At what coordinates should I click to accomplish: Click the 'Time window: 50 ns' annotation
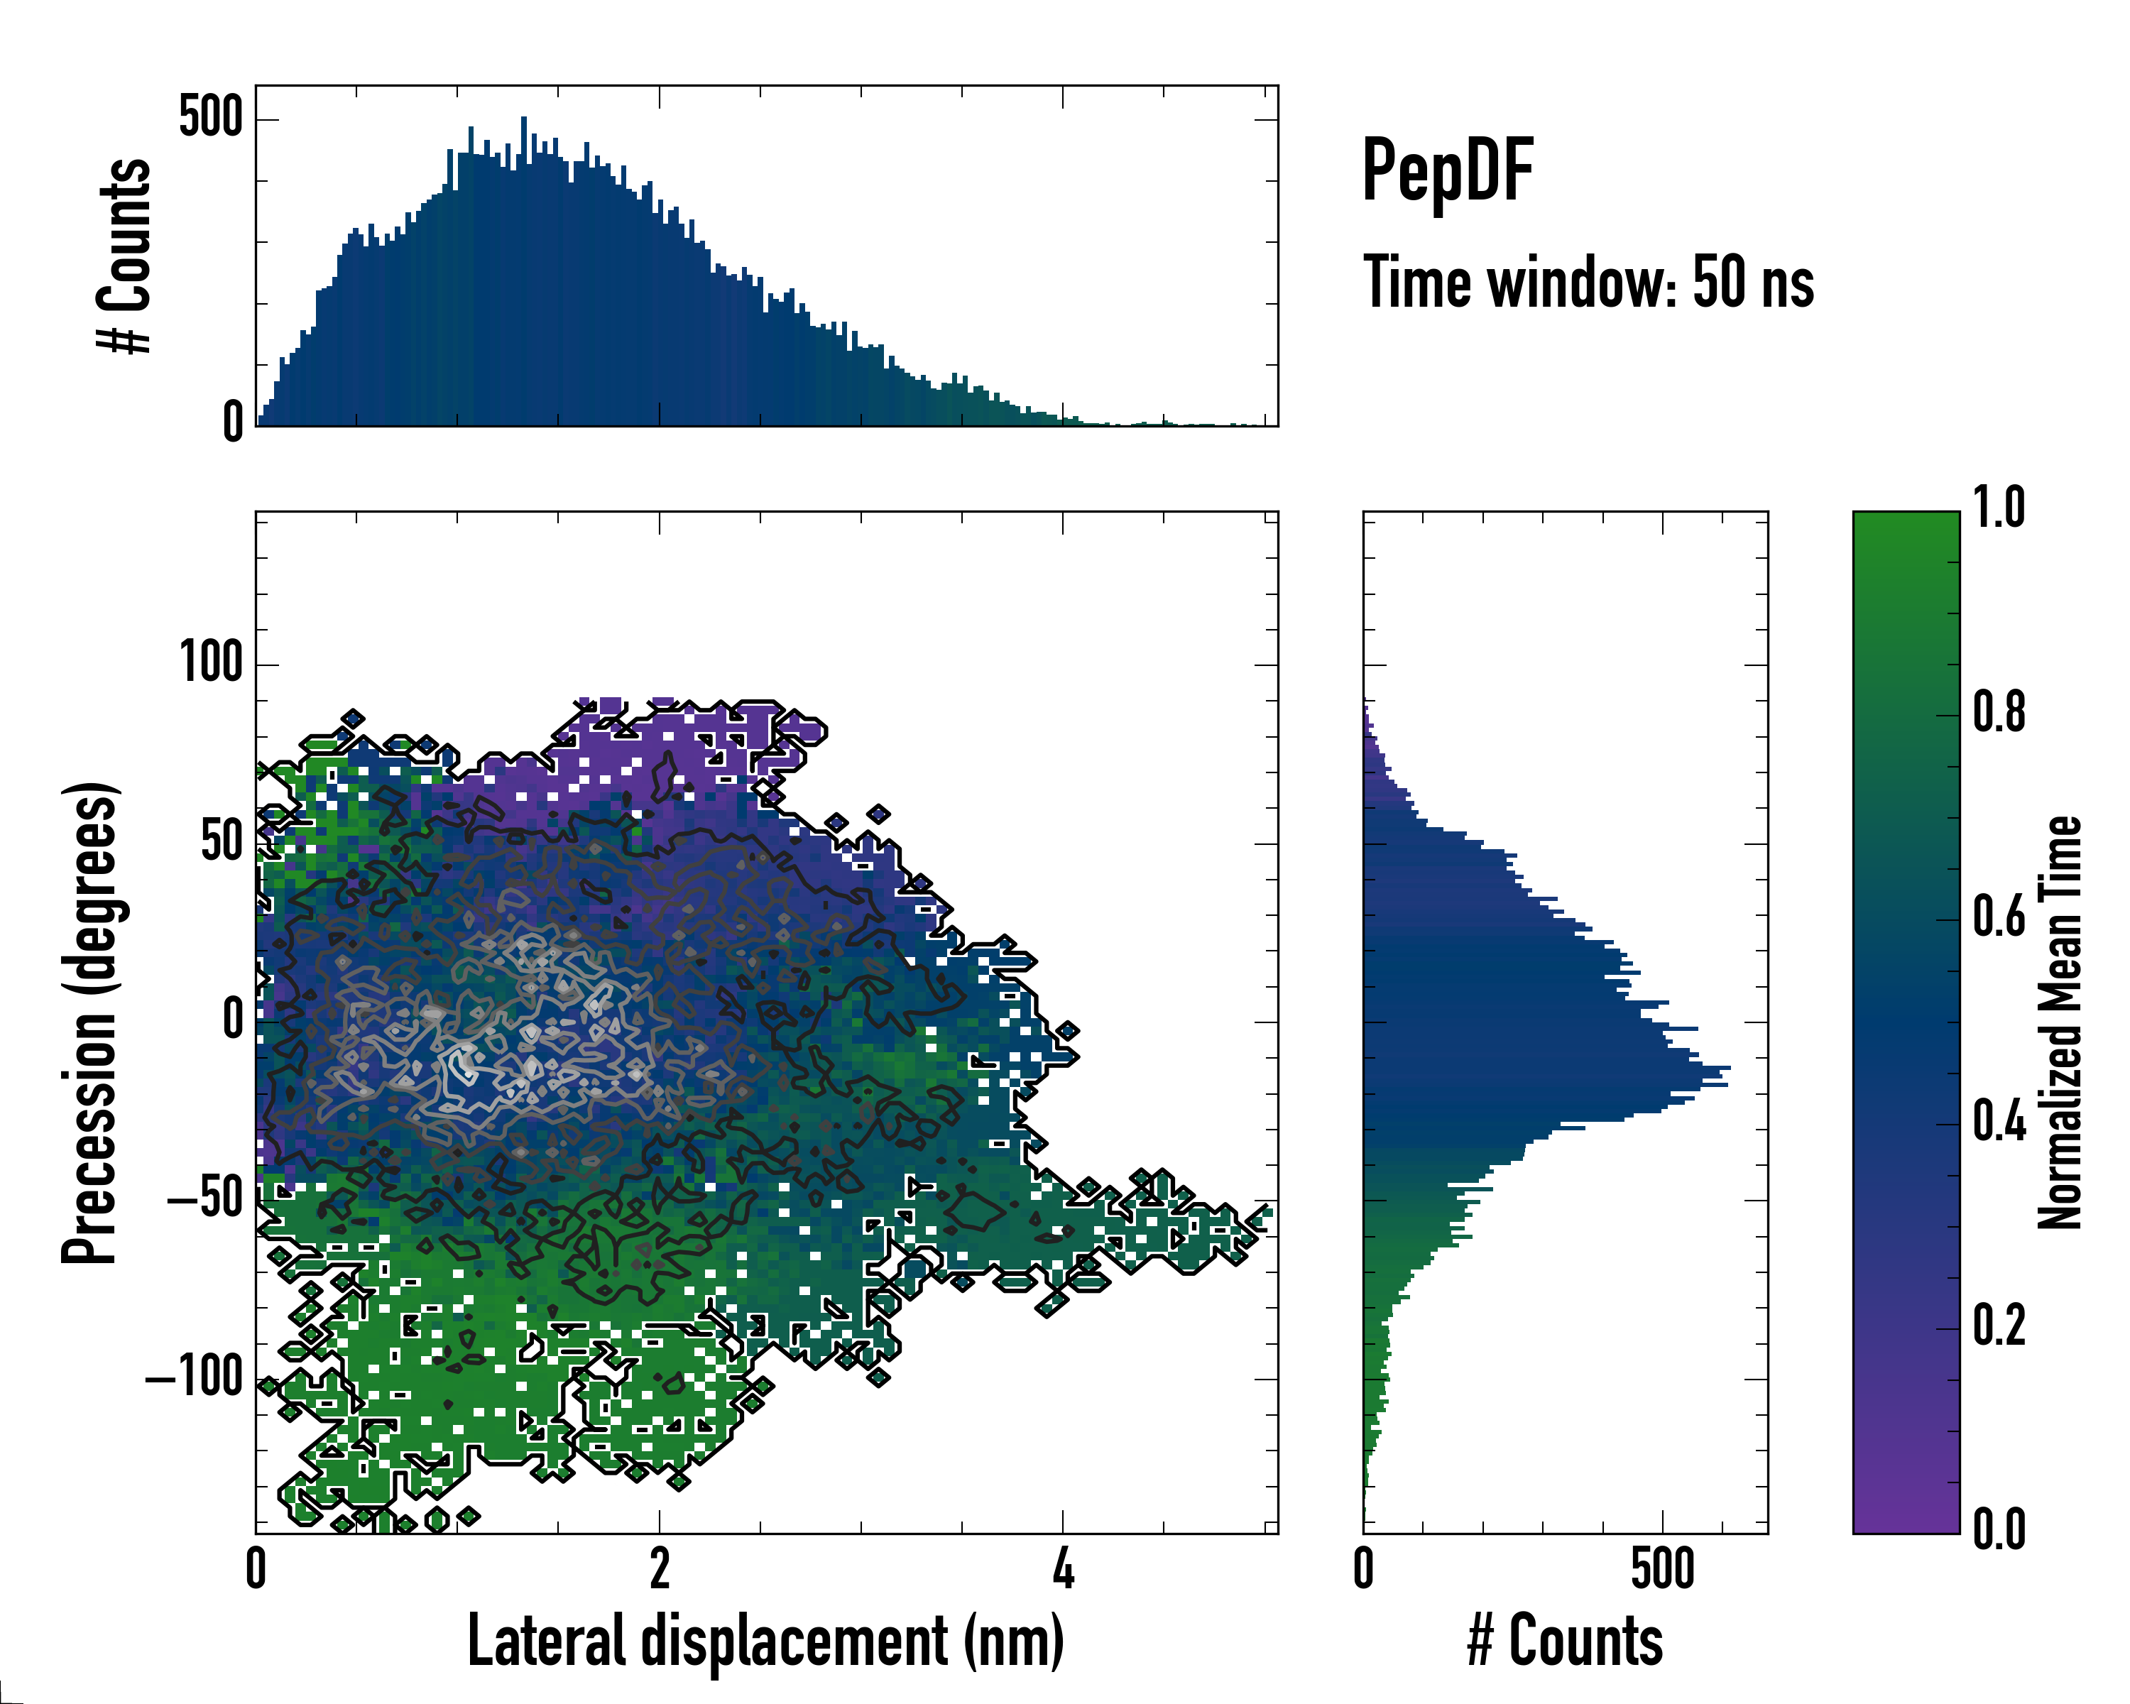click(x=1588, y=283)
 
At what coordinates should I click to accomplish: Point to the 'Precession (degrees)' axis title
click(x=91, y=1022)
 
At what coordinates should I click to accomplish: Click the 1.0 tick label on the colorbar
click(x=1999, y=509)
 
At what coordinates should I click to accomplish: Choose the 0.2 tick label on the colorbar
click(x=1999, y=1326)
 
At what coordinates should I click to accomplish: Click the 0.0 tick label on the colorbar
click(x=1999, y=1530)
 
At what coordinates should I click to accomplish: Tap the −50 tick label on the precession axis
click(x=204, y=1199)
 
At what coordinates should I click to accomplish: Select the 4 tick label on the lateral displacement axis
click(x=1063, y=1568)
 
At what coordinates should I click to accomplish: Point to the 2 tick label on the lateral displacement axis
click(x=659, y=1568)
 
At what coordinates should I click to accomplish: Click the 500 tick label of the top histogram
click(x=210, y=118)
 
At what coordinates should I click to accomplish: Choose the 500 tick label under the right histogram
click(x=1663, y=1568)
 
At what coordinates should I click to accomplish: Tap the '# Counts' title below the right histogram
click(x=1565, y=1640)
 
